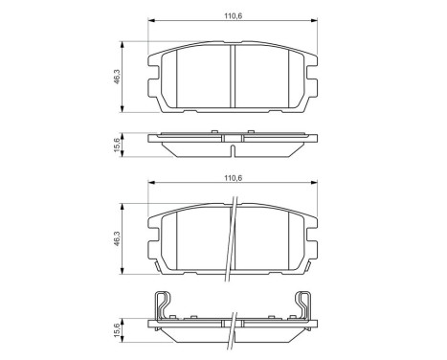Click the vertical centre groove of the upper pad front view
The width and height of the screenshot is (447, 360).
click(x=235, y=77)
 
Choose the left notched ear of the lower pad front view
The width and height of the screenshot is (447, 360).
click(x=153, y=247)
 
